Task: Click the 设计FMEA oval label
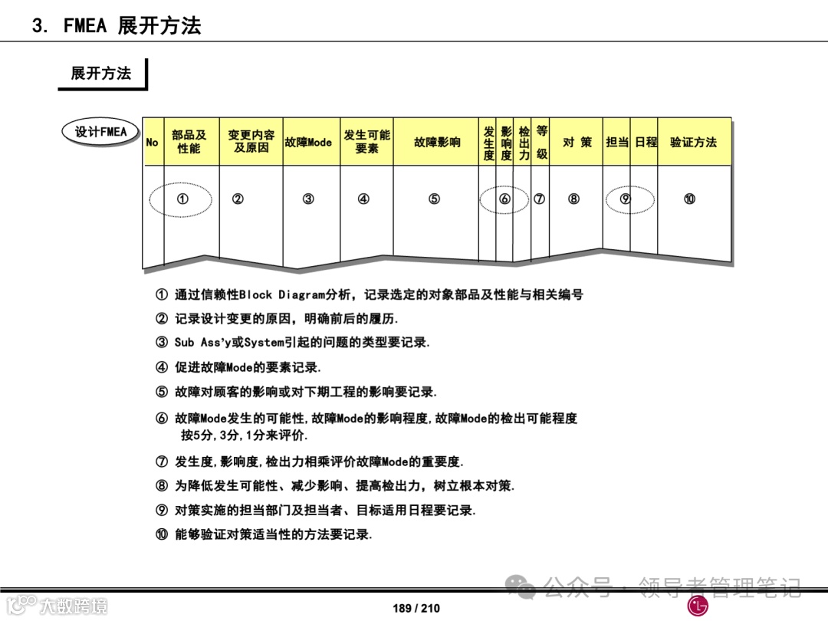coord(101,132)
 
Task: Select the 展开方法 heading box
coord(101,74)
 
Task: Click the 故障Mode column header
coord(308,143)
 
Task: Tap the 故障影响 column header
coord(437,143)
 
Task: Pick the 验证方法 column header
coord(693,143)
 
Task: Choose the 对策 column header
coord(577,143)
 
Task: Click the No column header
coord(153,143)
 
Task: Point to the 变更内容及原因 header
coord(251,142)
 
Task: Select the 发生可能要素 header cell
coord(366,142)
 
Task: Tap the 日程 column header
coord(646,143)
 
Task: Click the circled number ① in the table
coord(182,199)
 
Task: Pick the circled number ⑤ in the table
coord(434,199)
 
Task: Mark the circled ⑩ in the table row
coord(689,199)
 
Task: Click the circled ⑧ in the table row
coord(573,199)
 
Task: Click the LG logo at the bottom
coord(697,606)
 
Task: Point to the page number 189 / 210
coord(416,608)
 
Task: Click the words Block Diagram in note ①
coord(282,294)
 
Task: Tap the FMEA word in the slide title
coord(84,25)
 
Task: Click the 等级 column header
coord(542,143)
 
